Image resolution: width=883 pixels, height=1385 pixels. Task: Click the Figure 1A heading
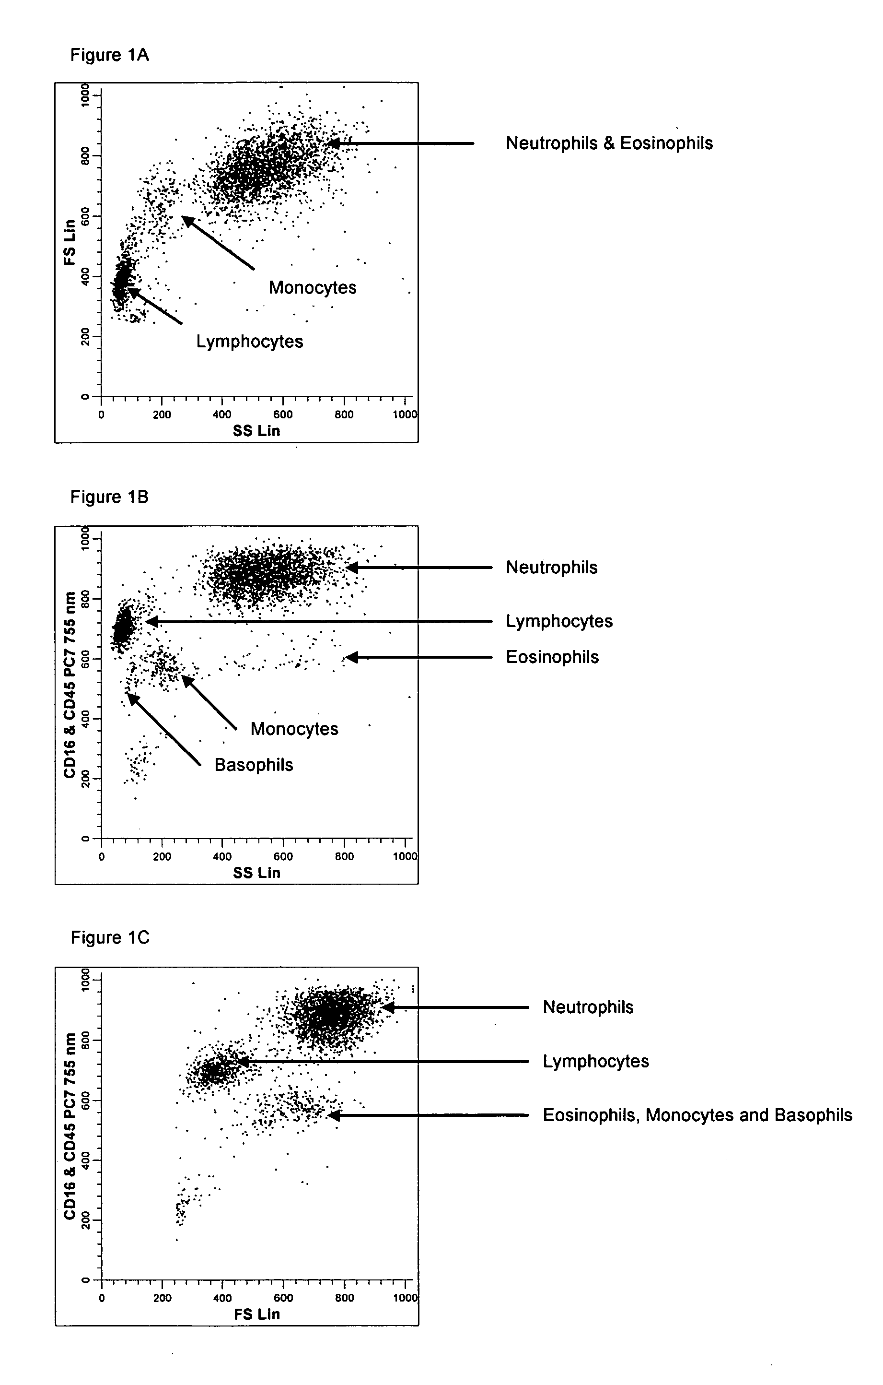pyautogui.click(x=110, y=55)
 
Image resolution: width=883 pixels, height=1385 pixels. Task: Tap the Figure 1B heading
pyautogui.click(x=110, y=497)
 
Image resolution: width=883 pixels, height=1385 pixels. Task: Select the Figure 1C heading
pyautogui.click(x=110, y=938)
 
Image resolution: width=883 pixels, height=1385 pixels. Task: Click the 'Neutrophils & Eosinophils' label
pyautogui.click(x=609, y=143)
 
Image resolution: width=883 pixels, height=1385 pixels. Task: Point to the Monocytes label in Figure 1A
pyautogui.click(x=313, y=287)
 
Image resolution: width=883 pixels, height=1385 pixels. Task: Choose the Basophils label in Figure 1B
pyautogui.click(x=254, y=765)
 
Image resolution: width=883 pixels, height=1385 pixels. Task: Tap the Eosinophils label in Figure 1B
pyautogui.click(x=552, y=657)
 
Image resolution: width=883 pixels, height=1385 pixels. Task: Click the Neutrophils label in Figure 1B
pyautogui.click(x=552, y=568)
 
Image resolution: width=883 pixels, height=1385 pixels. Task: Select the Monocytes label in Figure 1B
pyautogui.click(x=294, y=729)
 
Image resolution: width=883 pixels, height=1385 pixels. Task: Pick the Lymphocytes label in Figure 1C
pyautogui.click(x=596, y=1062)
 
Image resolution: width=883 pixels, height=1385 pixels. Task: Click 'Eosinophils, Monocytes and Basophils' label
pyautogui.click(x=698, y=1115)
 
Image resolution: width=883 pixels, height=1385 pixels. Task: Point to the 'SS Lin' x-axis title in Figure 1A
pyautogui.click(x=256, y=431)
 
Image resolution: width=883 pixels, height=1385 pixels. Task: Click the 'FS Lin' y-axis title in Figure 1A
pyautogui.click(x=70, y=242)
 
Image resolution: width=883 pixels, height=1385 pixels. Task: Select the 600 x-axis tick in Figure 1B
pyautogui.click(x=283, y=856)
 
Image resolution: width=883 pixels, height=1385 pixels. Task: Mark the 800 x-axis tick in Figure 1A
pyautogui.click(x=344, y=414)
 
